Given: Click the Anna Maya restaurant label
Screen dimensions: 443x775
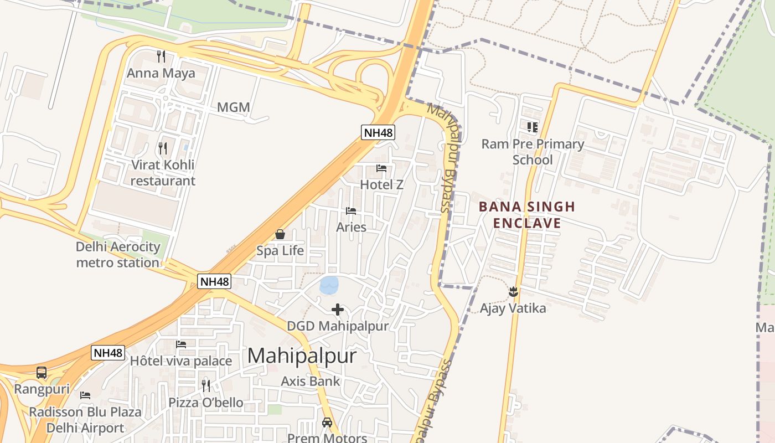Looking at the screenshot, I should (161, 73).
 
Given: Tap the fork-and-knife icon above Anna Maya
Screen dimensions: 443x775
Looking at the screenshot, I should (161, 56).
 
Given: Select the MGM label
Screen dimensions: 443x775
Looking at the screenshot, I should (233, 107).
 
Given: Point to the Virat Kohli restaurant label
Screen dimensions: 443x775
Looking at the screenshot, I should (163, 173).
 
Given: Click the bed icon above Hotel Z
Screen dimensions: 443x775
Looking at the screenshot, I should (381, 168).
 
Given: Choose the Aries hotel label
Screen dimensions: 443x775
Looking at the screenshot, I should (351, 227).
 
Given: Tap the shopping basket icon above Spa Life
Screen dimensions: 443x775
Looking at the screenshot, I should (280, 234).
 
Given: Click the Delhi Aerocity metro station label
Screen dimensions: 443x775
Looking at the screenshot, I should (118, 255).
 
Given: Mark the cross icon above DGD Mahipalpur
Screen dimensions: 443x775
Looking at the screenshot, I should (338, 310).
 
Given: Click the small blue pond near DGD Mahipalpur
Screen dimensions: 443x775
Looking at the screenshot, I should (329, 285).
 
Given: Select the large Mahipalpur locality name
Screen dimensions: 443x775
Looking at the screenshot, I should (302, 356).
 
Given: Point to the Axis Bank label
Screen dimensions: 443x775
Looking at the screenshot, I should (310, 381).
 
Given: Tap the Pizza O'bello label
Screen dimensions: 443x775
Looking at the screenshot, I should (206, 403).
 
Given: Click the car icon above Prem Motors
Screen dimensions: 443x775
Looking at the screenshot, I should (327, 423).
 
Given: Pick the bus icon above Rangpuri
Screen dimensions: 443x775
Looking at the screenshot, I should (42, 373).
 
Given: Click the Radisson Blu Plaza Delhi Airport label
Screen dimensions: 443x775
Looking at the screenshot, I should (85, 420).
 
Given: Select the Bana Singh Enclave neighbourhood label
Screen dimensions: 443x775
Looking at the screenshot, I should (527, 215).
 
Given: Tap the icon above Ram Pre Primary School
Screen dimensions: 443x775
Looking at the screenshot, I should (533, 127).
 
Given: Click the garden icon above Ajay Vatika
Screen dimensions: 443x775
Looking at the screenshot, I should (513, 291).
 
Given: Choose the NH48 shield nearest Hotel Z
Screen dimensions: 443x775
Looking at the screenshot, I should (378, 132).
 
